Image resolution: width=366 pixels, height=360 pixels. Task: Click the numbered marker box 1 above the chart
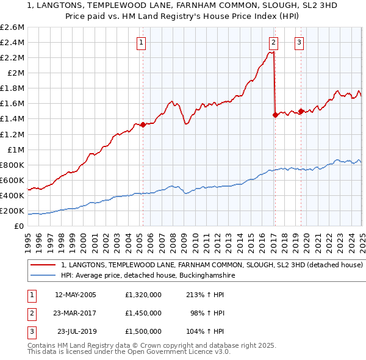tap(141, 42)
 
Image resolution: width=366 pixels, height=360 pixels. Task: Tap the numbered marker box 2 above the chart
tap(273, 42)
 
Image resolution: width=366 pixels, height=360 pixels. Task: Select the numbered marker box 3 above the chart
tap(300, 42)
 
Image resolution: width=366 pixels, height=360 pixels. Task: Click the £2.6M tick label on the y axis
tap(12, 27)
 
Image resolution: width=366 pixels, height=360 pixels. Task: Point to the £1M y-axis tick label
tap(16, 149)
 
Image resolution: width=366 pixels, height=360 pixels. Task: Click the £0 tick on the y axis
tap(20, 226)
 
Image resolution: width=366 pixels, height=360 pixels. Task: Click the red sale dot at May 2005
tap(143, 124)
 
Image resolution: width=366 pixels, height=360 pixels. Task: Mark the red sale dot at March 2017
tap(275, 115)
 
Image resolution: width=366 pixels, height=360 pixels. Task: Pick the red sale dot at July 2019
tap(301, 111)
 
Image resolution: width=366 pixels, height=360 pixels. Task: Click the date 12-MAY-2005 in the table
tap(77, 295)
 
